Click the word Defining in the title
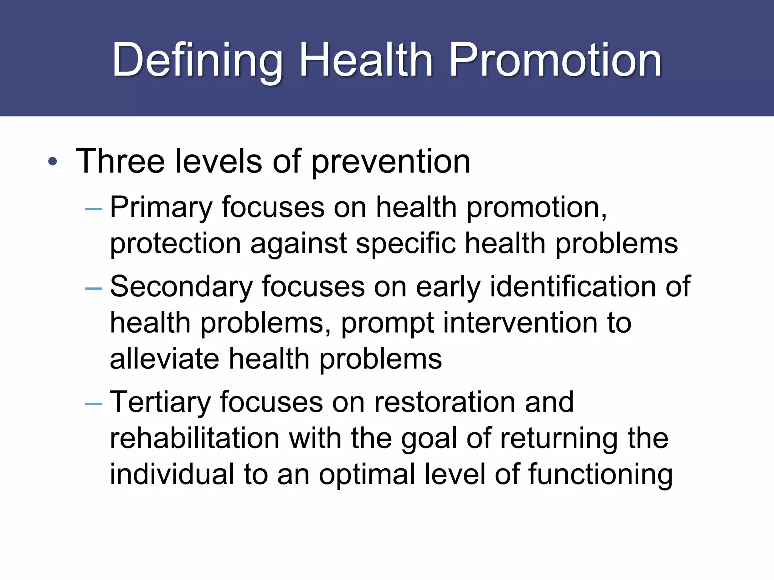coord(197,60)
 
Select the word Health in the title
coord(365,60)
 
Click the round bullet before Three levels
coord(53,162)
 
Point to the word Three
coord(120,161)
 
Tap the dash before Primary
coord(94,209)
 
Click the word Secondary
coord(181,287)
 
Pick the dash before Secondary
coord(94,289)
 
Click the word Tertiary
coord(160,402)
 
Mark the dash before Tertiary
coord(94,404)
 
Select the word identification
coord(573,287)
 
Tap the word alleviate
coord(164,359)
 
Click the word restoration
coord(444,402)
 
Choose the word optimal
coord(367,475)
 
